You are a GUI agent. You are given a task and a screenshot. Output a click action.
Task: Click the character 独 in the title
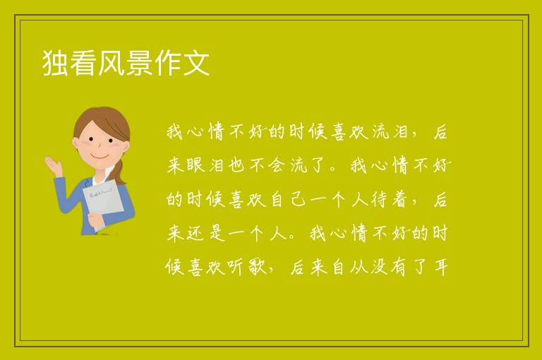coord(55,63)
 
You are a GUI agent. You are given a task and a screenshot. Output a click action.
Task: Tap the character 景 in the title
coord(139,63)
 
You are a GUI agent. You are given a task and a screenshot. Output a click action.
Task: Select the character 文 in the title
coord(196,63)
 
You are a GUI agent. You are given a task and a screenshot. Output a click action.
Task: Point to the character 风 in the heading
coord(112,63)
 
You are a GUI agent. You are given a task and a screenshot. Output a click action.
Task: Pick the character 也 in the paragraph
coord(236,166)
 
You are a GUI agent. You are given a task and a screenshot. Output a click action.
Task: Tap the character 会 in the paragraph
coord(276,166)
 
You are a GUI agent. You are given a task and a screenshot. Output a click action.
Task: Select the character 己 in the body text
coord(298,200)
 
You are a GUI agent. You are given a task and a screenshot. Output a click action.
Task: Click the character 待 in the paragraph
coord(379,200)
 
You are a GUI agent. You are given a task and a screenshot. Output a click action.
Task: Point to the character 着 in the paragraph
coord(399,200)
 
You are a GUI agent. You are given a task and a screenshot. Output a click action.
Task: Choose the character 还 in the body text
coord(196,234)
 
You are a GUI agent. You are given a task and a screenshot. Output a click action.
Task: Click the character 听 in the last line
coord(236,268)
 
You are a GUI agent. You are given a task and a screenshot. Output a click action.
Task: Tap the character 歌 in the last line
coord(257,268)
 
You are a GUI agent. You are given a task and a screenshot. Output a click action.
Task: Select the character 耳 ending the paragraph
coord(441,268)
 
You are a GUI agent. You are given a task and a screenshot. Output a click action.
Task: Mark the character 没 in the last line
coord(379,268)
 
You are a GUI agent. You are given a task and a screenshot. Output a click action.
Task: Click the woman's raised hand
coord(53,165)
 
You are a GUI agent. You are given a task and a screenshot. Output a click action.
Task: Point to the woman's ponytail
coord(119,172)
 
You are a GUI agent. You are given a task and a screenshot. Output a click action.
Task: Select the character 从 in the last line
coord(358,268)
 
